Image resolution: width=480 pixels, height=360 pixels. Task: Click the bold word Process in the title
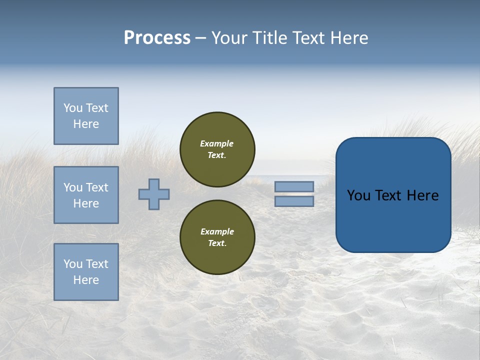pyautogui.click(x=157, y=38)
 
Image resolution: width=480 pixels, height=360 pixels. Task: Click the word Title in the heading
pyautogui.click(x=270, y=38)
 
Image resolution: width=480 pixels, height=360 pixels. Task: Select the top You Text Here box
pyautogui.click(x=86, y=116)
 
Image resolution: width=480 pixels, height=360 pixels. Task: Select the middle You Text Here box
pyautogui.click(x=86, y=195)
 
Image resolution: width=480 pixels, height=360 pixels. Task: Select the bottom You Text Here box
pyautogui.click(x=86, y=272)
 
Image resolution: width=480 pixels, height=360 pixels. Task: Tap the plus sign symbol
pyautogui.click(x=154, y=194)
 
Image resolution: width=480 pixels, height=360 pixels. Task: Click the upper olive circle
pyautogui.click(x=217, y=149)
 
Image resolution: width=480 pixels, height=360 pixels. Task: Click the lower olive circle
pyautogui.click(x=217, y=237)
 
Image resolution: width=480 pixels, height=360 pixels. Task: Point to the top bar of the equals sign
pyautogui.click(x=294, y=186)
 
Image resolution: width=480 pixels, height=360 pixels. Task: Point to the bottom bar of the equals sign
pyautogui.click(x=294, y=201)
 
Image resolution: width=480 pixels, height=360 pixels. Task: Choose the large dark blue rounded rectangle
pyautogui.click(x=393, y=195)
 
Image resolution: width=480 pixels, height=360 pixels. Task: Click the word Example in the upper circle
pyautogui.click(x=217, y=144)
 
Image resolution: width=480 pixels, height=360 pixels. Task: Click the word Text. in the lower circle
pyautogui.click(x=217, y=243)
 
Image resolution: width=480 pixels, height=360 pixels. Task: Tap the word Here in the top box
pyautogui.click(x=86, y=124)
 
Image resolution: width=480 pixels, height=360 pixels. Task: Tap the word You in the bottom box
pyautogui.click(x=72, y=264)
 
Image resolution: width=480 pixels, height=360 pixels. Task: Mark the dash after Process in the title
pyautogui.click(x=200, y=38)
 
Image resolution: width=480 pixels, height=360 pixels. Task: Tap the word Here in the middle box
pyautogui.click(x=86, y=203)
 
